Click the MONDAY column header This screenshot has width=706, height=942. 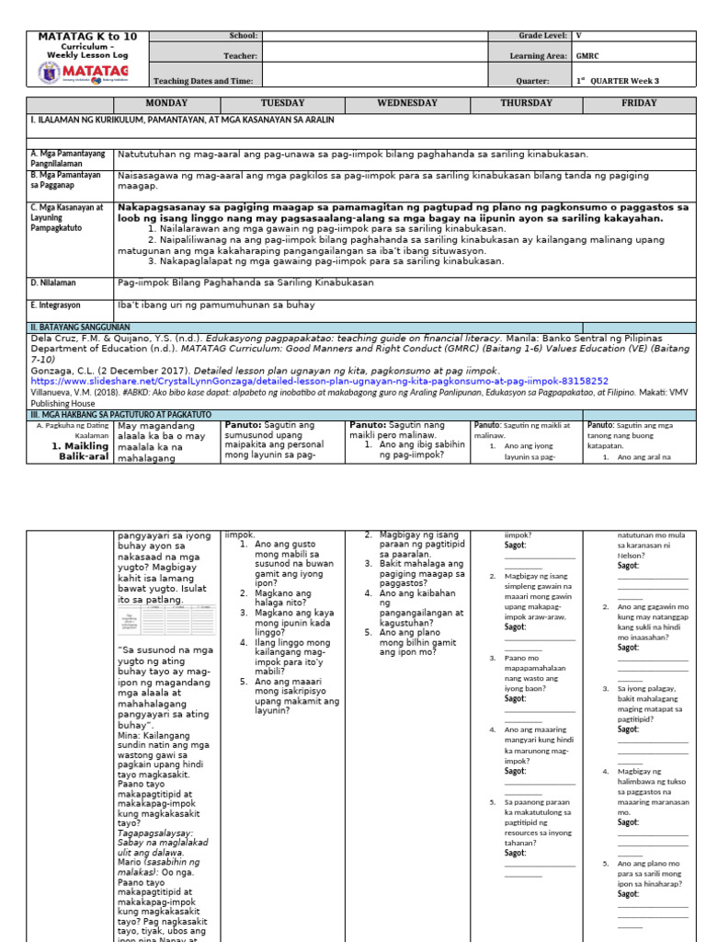pyautogui.click(x=166, y=104)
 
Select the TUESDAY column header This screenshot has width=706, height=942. pyautogui.click(x=282, y=104)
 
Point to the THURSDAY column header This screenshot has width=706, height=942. pyautogui.click(x=526, y=104)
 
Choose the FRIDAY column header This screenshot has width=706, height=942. pyautogui.click(x=639, y=104)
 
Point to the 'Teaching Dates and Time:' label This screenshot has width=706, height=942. pyautogui.click(x=202, y=81)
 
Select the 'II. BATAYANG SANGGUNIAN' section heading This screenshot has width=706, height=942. pyautogui.click(x=81, y=327)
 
